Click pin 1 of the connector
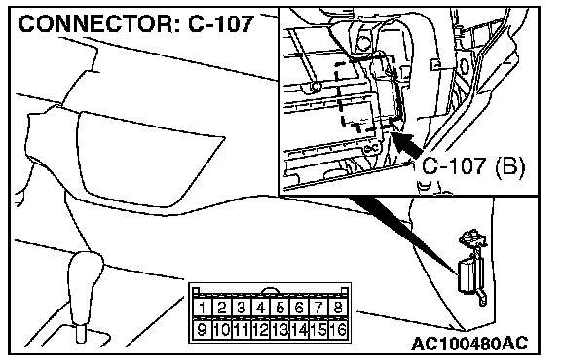203,308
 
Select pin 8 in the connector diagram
337,308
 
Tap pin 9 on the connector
203,329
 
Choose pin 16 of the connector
337,329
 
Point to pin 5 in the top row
280,308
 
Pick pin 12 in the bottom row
261,329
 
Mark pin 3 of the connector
242,308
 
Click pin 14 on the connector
299,329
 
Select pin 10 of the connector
222,329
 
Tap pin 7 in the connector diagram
318,308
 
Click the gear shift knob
85,286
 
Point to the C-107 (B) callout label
473,166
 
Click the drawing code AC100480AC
469,344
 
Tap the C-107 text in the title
221,24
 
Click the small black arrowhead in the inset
406,144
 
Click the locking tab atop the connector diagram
270,290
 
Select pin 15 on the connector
318,329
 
